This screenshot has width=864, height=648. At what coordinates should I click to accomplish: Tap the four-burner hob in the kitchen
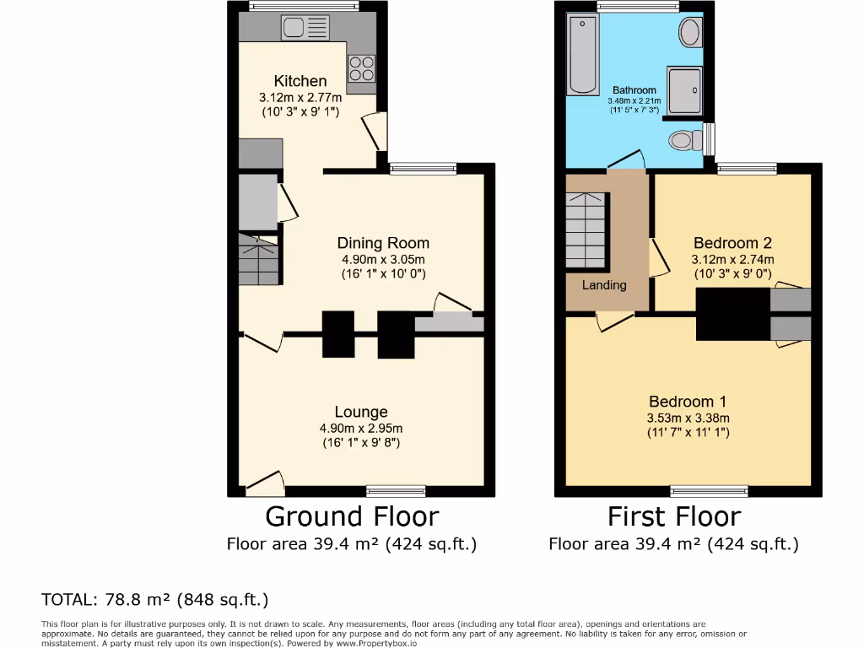pos(361,67)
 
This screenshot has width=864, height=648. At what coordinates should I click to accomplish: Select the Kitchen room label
pos(300,81)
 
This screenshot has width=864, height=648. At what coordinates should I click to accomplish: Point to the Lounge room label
pos(361,412)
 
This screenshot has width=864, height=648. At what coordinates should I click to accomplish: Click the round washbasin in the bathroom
pos(690,34)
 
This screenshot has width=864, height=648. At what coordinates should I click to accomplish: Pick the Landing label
pos(604,285)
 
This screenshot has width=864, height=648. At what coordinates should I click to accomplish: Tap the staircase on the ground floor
pos(258,258)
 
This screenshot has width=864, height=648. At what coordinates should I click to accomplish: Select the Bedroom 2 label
pos(732,243)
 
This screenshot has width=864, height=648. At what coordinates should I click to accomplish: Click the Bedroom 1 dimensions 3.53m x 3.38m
pos(688,418)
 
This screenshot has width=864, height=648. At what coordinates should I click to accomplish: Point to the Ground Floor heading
pos(352,516)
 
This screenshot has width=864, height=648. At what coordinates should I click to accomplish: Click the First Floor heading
pos(674,516)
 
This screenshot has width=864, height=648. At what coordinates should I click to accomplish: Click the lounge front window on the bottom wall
pos(396,491)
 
